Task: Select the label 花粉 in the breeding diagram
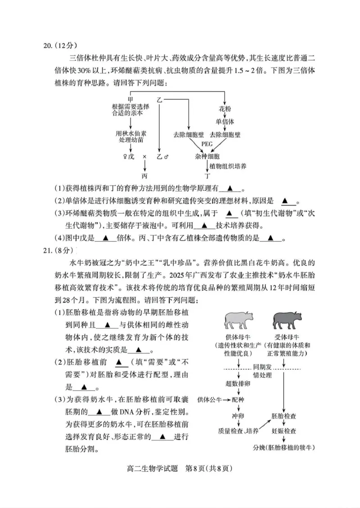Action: tap(224, 109)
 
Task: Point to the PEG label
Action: tap(207, 144)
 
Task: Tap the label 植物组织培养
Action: tap(229, 166)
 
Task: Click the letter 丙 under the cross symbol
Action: tap(144, 175)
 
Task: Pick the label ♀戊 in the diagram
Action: tap(128, 156)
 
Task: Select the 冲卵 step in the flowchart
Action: tap(238, 415)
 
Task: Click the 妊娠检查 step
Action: tap(283, 431)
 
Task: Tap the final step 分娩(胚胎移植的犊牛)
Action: tap(283, 448)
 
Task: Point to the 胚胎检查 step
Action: tap(283, 415)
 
